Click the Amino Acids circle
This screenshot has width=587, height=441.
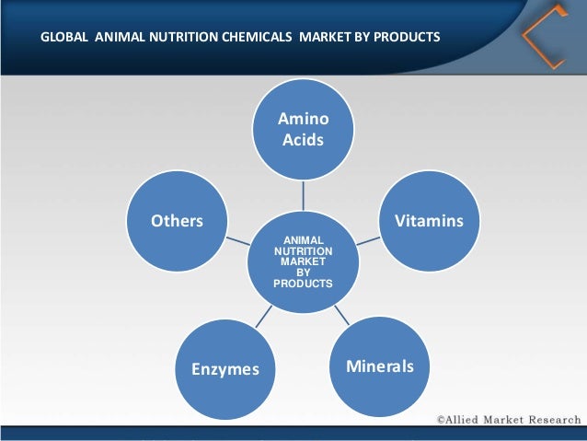tap(305, 130)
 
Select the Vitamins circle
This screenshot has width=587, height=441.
tap(429, 222)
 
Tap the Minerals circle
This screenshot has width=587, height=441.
tap(380, 366)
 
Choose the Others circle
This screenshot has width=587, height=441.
tap(177, 222)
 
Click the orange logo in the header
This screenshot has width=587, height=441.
tap(543, 38)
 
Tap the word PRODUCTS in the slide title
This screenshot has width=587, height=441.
tap(405, 39)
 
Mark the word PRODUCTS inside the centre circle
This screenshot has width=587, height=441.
tap(304, 283)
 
